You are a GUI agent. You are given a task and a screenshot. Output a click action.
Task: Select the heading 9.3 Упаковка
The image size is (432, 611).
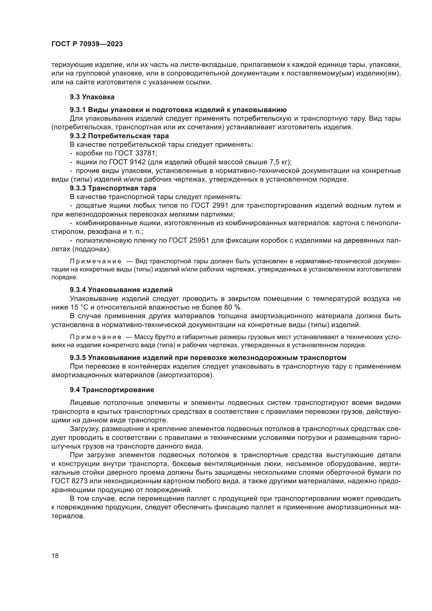click(92, 97)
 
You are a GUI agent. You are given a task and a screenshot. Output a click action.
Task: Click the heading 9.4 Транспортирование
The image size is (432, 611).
click(112, 390)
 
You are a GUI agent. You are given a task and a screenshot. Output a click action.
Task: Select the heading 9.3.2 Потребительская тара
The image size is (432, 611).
click(119, 136)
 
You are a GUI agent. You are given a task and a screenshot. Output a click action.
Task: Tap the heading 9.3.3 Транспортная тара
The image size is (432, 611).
click(113, 188)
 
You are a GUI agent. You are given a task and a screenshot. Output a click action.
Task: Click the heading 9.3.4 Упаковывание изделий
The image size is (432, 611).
click(121, 290)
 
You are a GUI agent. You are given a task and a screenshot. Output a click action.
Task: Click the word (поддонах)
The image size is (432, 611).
click(91, 249)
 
